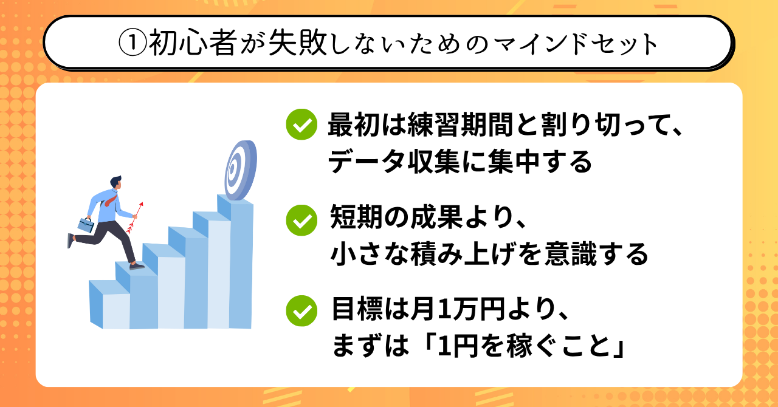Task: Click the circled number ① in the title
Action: (x=132, y=43)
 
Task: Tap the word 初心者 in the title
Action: (x=193, y=43)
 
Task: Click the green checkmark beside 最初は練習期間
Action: (x=301, y=125)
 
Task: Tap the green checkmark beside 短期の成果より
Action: (x=301, y=220)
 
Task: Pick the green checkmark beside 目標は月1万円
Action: (x=301, y=311)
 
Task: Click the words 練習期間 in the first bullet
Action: (x=460, y=125)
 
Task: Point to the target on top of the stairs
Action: (x=240, y=170)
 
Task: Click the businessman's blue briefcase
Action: (x=86, y=225)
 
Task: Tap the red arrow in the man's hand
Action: (x=135, y=217)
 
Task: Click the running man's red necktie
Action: (x=111, y=200)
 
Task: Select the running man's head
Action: (x=116, y=183)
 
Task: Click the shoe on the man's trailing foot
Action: (x=71, y=241)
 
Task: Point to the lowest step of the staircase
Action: (x=110, y=304)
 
